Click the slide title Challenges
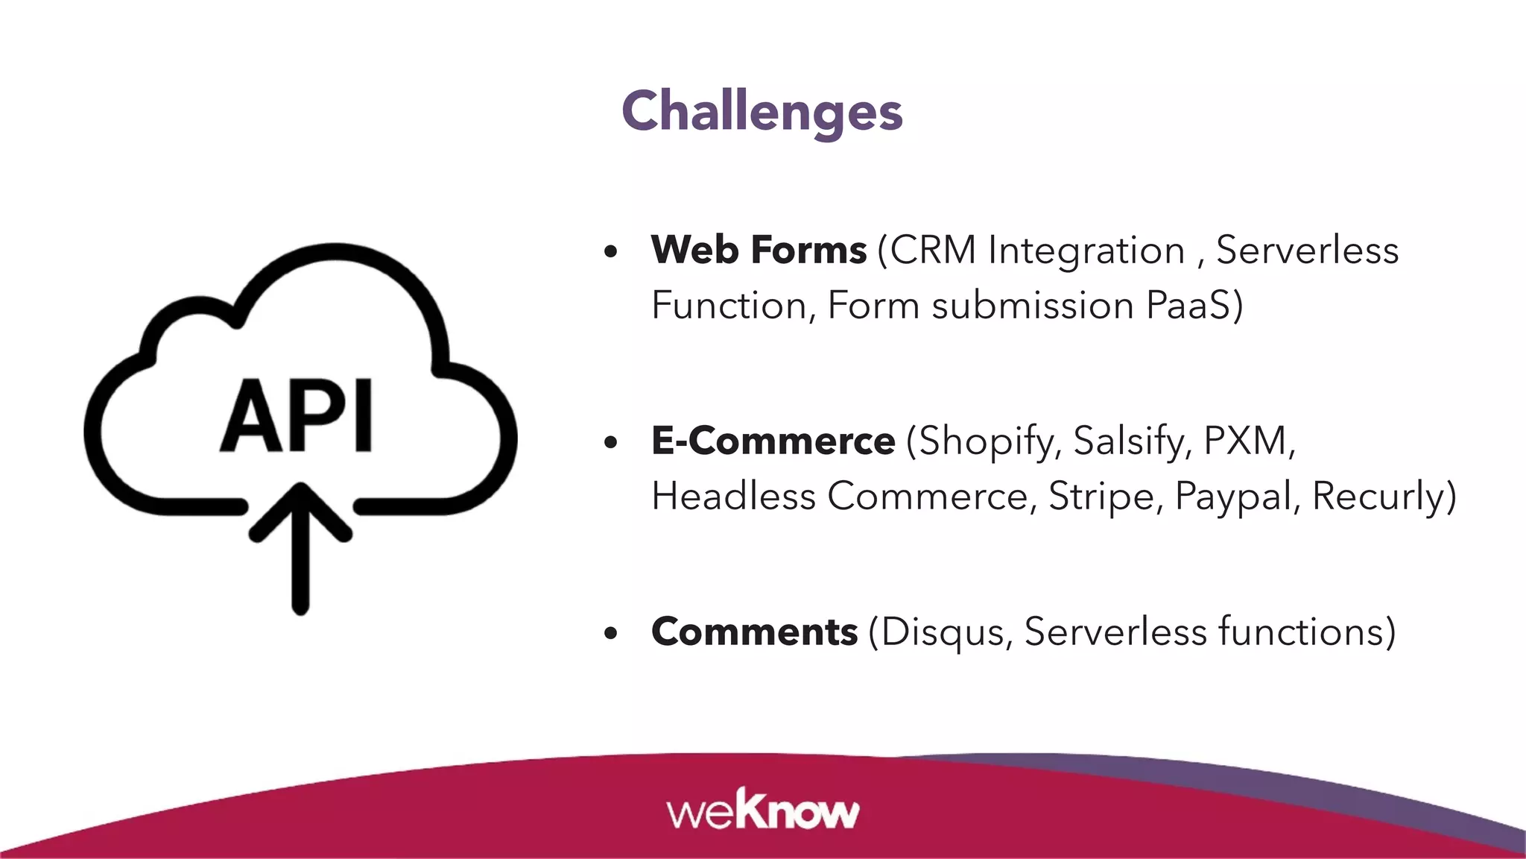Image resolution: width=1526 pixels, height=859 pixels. point(762,111)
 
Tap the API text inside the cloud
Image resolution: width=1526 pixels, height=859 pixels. point(297,416)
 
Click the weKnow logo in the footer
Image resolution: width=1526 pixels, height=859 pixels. point(762,811)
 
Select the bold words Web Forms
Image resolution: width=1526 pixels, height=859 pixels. point(759,250)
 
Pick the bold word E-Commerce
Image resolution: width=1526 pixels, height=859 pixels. point(773,441)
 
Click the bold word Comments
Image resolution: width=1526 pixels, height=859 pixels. point(754,632)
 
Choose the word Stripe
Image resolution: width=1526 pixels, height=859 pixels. point(1102,497)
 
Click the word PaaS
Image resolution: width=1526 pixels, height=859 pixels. point(1188,306)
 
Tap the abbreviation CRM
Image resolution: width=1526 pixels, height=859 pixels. point(933,251)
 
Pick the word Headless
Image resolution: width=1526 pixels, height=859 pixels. point(733,497)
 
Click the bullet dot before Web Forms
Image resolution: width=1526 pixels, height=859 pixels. point(611,252)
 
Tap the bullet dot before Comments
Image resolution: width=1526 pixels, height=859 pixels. point(611,634)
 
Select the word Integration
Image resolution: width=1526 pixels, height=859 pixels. point(1086,251)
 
